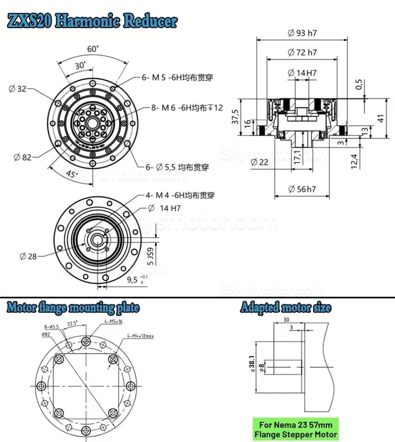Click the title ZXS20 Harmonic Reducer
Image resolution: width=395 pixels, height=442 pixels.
tap(92, 22)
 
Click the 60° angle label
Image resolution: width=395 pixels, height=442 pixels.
tap(93, 49)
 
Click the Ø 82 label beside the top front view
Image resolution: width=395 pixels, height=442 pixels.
tap(22, 157)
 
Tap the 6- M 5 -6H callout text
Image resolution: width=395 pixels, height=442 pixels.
tap(177, 77)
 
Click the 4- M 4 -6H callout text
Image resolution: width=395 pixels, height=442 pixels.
tap(180, 195)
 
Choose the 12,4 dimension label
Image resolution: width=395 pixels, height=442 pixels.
tap(354, 161)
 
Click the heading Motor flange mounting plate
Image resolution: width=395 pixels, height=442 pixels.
tap(73, 308)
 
